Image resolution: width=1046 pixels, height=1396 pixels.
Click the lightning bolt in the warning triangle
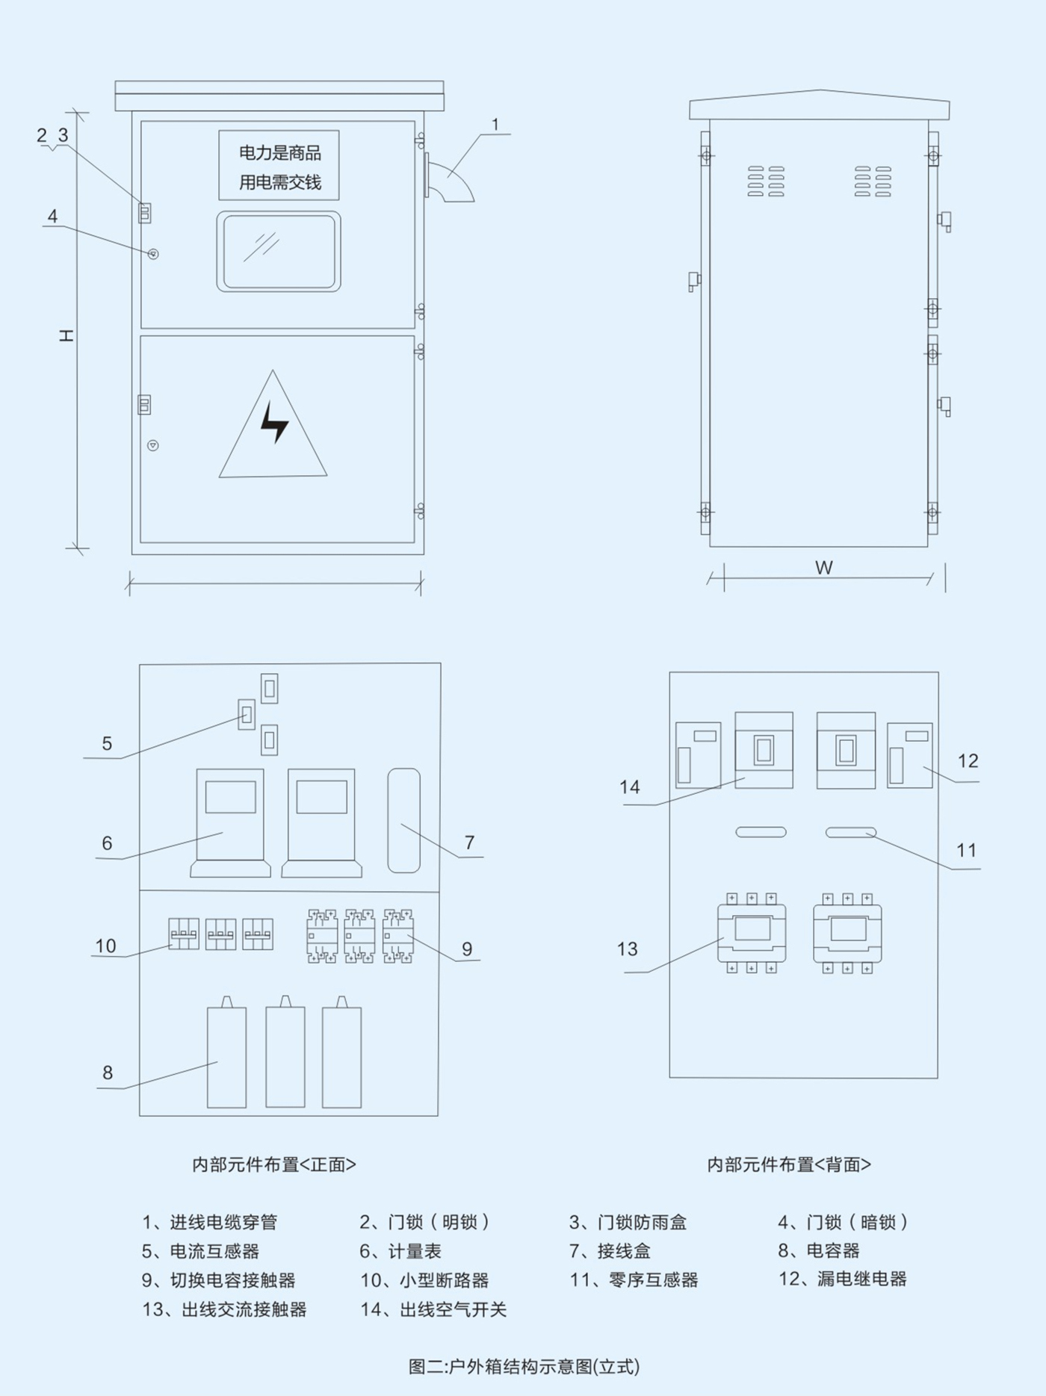274,422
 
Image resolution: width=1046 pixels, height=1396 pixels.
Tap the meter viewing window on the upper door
279,251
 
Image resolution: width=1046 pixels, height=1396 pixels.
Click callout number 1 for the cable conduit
495,125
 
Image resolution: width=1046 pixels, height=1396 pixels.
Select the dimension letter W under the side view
823,568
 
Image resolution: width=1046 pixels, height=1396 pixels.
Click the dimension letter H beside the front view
66,335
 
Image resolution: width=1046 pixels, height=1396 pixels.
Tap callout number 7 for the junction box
469,843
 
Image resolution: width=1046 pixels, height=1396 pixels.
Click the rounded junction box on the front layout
403,819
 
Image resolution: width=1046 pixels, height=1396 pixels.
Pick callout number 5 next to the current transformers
107,743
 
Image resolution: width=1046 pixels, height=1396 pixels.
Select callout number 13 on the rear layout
627,949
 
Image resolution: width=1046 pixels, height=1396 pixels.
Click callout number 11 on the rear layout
966,850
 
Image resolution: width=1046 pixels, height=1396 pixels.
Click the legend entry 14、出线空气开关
433,1309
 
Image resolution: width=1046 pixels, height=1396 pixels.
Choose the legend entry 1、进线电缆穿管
209,1222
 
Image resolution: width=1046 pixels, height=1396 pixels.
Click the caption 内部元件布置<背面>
789,1164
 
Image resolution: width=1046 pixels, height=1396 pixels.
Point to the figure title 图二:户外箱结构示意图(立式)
524,1366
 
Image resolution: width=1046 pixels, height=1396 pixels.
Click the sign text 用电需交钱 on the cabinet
279,182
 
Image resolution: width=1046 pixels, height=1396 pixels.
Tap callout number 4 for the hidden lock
52,216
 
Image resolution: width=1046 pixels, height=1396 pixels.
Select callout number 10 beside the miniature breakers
105,946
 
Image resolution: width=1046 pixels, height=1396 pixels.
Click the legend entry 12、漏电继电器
842,1279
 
